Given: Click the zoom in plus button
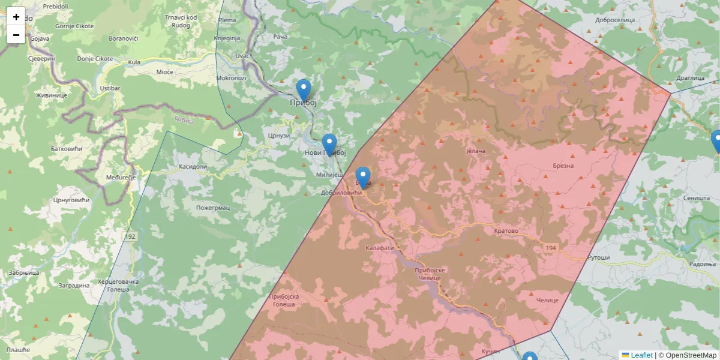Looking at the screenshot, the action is pyautogui.click(x=16, y=17).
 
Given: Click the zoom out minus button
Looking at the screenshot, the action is pyautogui.click(x=16, y=35).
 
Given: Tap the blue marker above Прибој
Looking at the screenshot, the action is pyautogui.click(x=304, y=91).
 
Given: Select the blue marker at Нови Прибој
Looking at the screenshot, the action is pyautogui.click(x=329, y=145).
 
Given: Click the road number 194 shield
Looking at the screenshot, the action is pyautogui.click(x=551, y=248).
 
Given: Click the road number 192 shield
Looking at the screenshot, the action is pyautogui.click(x=131, y=237).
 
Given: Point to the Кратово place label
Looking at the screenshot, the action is pyautogui.click(x=506, y=231).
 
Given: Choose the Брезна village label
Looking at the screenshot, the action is pyautogui.click(x=563, y=166).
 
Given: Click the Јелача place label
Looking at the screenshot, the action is pyautogui.click(x=475, y=151).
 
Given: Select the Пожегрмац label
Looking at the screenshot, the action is pyautogui.click(x=213, y=208).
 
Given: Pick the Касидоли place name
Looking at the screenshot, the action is pyautogui.click(x=193, y=167).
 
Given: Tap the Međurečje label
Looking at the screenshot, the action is pyautogui.click(x=121, y=178).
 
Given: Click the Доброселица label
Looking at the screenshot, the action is pyautogui.click(x=614, y=20).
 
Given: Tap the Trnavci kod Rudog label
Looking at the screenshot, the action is pyautogui.click(x=181, y=21).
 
